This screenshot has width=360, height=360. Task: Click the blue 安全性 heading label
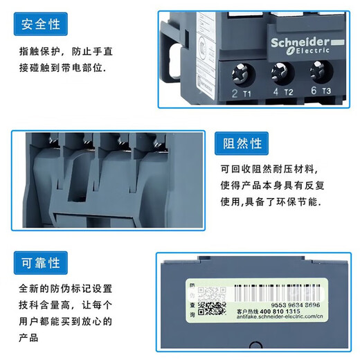(42, 26)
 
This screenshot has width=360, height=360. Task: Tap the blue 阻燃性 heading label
(242, 143)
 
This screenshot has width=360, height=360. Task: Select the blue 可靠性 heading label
(42, 264)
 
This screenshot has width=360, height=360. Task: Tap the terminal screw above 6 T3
(319, 71)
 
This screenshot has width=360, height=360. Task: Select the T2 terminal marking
(289, 93)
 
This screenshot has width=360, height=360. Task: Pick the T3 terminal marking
(327, 91)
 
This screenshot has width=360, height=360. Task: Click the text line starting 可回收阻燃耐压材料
(270, 170)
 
